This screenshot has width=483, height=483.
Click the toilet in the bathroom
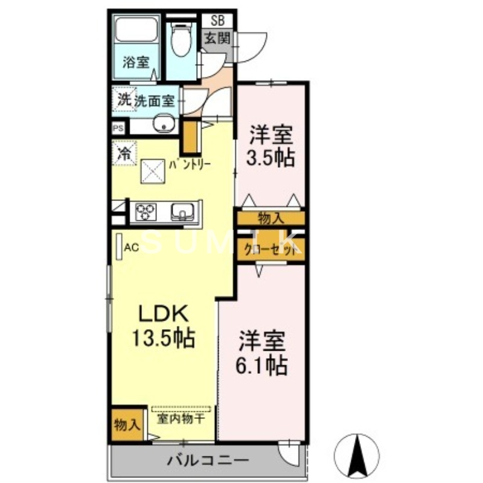pyautogui.click(x=180, y=39)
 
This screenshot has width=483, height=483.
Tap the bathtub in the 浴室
pyautogui.click(x=136, y=33)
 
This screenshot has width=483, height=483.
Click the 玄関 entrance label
pyautogui.click(x=216, y=38)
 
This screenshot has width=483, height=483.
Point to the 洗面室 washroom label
pyautogui.click(x=155, y=101)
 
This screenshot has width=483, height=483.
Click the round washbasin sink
pyautogui.click(x=162, y=126)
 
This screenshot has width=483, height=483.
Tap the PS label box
pyautogui.click(x=118, y=129)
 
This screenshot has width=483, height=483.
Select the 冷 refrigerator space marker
pyautogui.click(x=124, y=153)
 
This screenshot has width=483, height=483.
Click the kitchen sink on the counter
pyautogui.click(x=181, y=211)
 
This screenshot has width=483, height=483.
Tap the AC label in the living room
pyautogui.click(x=132, y=246)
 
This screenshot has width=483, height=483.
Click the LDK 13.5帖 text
pyautogui.click(x=164, y=325)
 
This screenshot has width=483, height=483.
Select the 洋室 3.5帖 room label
pyautogui.click(x=269, y=146)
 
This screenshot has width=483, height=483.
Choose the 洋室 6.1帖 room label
pyautogui.click(x=261, y=352)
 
